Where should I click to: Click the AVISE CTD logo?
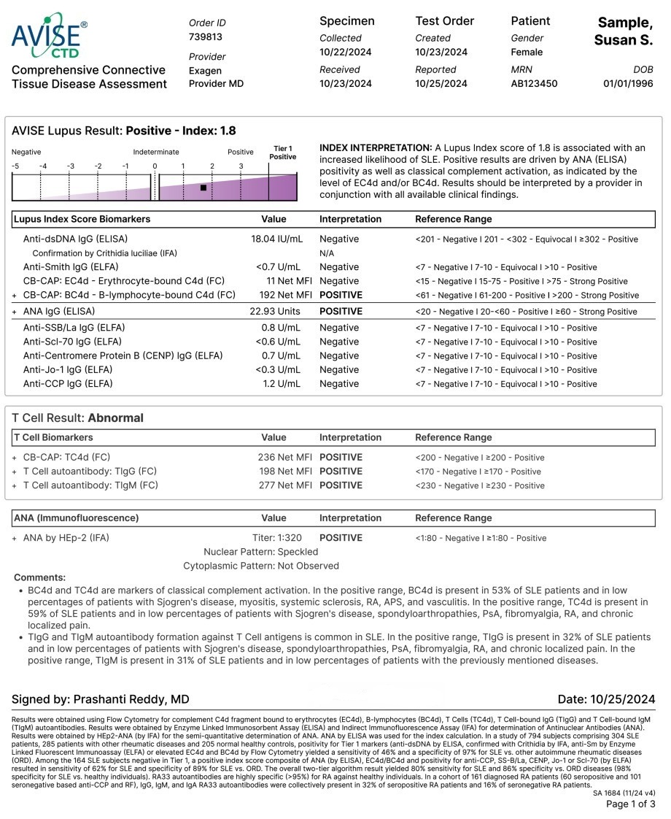pos(49,35)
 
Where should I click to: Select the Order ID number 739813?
pos(206,37)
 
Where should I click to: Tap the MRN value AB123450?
pos(534,84)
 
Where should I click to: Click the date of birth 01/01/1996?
pos(628,84)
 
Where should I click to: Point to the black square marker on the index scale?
pos(203,188)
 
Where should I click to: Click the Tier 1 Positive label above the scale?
pos(282,153)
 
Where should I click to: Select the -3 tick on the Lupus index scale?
pos(71,166)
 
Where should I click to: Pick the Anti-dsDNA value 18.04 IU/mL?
pos(276,239)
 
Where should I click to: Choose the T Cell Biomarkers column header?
pos(54,438)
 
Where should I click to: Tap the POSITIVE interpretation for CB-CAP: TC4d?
pos(341,458)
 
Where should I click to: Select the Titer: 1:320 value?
pos(276,538)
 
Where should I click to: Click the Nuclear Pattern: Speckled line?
pos(260,552)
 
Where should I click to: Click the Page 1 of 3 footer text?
pos(631,804)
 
